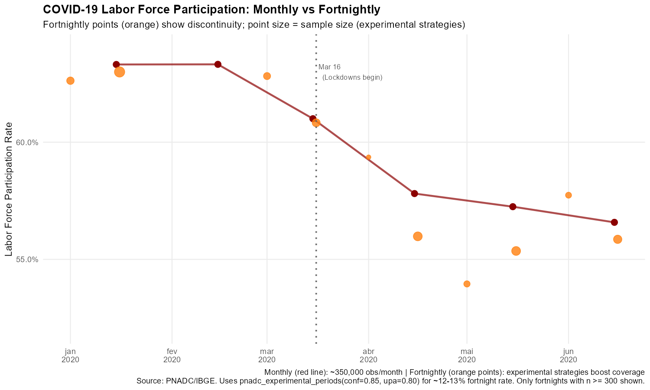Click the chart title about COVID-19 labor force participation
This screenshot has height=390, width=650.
pyautogui.click(x=211, y=10)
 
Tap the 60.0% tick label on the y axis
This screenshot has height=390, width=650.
pyautogui.click(x=27, y=143)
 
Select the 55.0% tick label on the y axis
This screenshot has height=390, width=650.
pyautogui.click(x=27, y=260)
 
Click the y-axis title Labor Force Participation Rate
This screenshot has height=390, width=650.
pyautogui.click(x=9, y=189)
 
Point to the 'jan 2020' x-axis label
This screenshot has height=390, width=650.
pyautogui.click(x=70, y=355)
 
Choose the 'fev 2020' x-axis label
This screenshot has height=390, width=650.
pyautogui.click(x=172, y=355)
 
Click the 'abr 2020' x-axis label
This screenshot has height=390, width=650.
pyautogui.click(x=368, y=355)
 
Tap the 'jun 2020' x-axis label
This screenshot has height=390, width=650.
pyautogui.click(x=568, y=355)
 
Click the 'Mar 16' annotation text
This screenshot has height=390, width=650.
pyautogui.click(x=329, y=67)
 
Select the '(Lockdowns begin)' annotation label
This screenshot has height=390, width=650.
pyautogui.click(x=352, y=78)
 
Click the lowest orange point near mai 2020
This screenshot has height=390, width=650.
pyautogui.click(x=467, y=284)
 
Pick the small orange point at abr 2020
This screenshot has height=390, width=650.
pyautogui.click(x=368, y=157)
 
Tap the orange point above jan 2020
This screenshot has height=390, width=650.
pyautogui.click(x=70, y=81)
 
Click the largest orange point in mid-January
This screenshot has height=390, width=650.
pyautogui.click(x=120, y=72)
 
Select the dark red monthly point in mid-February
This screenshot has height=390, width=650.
pyautogui.click(x=218, y=64)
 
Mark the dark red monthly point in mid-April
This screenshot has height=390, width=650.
pyautogui.click(x=414, y=193)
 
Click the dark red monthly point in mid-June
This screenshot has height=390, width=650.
pyautogui.click(x=614, y=222)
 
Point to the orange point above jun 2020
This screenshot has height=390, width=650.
pyautogui.click(x=569, y=195)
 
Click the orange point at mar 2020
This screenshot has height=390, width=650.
pyautogui.click(x=267, y=76)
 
